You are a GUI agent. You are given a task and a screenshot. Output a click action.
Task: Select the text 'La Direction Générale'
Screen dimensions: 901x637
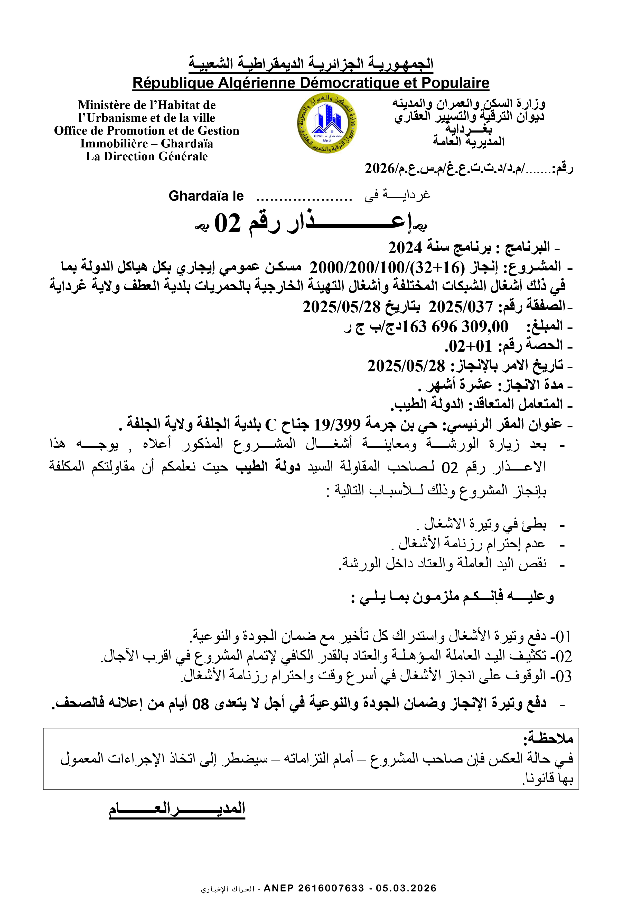click(146, 156)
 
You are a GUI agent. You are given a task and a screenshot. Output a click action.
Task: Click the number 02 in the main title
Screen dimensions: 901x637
click(227, 224)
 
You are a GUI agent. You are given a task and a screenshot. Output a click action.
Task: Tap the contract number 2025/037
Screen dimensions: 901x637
click(460, 306)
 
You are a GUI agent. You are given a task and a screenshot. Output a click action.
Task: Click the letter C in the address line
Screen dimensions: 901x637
click(271, 425)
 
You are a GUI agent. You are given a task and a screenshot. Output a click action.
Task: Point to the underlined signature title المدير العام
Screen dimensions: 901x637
click(177, 808)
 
